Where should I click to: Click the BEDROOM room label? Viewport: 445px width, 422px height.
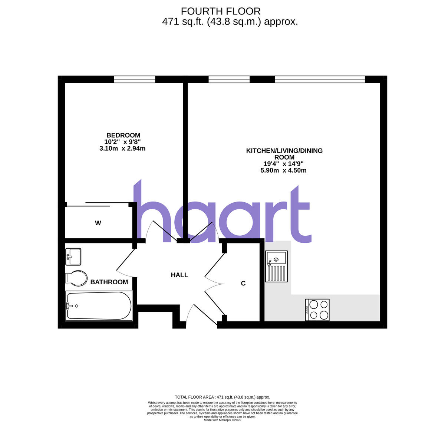point(123,135)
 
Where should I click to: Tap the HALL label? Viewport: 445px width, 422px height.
point(179,275)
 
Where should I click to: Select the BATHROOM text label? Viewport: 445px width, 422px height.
point(109,282)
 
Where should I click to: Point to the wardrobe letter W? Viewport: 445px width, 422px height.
point(98,223)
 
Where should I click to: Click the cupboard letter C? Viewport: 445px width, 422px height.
point(243,284)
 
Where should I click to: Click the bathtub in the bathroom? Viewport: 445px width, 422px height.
point(99,306)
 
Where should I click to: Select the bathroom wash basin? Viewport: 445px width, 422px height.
point(73,256)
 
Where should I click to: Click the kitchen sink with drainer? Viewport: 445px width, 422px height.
point(276,266)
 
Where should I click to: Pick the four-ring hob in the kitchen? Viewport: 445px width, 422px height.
point(317,310)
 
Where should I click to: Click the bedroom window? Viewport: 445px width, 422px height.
point(135,79)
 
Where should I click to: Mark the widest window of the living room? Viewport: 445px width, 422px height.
point(320,79)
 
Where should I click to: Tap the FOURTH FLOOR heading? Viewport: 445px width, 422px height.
point(220,12)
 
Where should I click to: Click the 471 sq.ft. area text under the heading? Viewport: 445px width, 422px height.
point(230,22)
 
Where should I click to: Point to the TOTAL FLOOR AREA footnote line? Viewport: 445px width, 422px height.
point(222,397)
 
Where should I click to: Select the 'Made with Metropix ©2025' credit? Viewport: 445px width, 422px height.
point(222,420)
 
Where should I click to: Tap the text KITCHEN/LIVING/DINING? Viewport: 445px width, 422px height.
point(284,151)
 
